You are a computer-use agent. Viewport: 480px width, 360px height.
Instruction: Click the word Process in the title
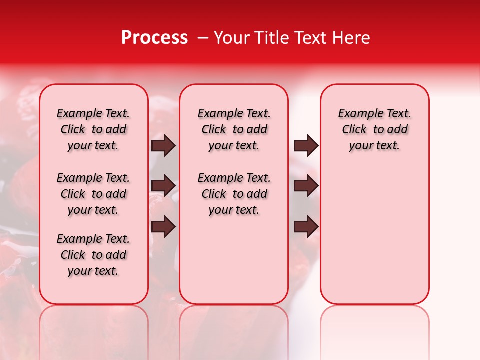pos(154,38)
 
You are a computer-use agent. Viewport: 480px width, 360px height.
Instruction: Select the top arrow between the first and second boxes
pos(163,145)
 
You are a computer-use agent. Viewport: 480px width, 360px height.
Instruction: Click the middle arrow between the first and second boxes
pos(163,186)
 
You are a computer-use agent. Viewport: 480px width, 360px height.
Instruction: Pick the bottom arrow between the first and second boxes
pos(163,226)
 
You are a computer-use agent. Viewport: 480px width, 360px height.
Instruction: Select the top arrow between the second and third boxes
pos(306,145)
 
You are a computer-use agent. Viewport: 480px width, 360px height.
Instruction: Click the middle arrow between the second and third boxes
pos(306,186)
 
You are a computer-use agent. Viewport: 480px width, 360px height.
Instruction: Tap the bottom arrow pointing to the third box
pos(306,226)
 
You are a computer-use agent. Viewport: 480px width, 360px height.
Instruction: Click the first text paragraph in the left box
pos(93,129)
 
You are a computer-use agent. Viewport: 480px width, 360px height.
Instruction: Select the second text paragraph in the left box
pos(93,194)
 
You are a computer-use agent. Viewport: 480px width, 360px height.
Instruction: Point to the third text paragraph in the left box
pos(93,255)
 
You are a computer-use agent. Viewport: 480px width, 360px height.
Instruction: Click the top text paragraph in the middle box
pos(234,129)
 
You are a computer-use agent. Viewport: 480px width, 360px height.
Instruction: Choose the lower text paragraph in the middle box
pos(234,194)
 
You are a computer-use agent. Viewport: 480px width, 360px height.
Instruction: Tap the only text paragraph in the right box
pos(374,129)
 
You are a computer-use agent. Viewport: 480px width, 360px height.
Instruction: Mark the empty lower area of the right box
pos(374,235)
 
